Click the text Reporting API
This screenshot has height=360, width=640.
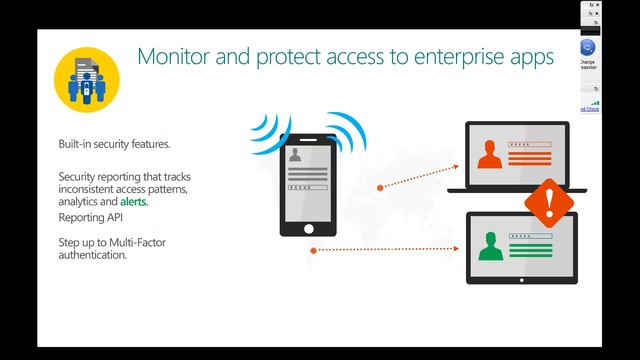pyautogui.click(x=90, y=217)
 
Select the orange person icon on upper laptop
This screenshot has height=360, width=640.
pyautogui.click(x=489, y=155)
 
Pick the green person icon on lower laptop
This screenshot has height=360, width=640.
pyautogui.click(x=489, y=244)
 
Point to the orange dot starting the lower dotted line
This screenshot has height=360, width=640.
pyautogui.click(x=313, y=250)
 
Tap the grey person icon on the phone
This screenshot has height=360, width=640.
pyautogui.click(x=296, y=158)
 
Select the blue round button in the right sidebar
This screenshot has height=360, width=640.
pyautogui.click(x=588, y=47)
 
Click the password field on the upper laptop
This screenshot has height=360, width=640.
pyautogui.click(x=527, y=146)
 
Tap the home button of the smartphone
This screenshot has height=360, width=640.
pyautogui.click(x=309, y=224)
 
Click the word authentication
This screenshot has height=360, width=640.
pyautogui.click(x=92, y=255)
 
